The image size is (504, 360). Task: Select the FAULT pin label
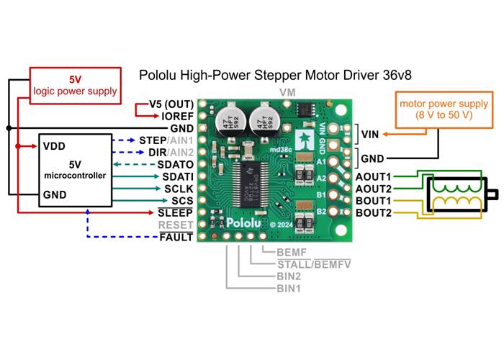[x=177, y=237]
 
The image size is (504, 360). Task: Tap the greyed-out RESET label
[x=177, y=225]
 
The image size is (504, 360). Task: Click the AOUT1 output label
[x=373, y=176]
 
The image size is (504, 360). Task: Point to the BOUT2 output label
[x=373, y=213]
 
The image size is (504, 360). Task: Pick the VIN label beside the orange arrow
[x=369, y=134]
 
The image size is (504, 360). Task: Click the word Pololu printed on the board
[x=245, y=223]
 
